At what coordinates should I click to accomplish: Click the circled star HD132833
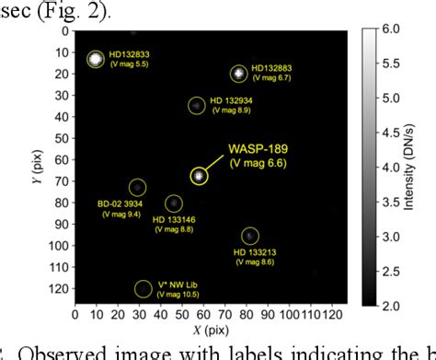pyautogui.click(x=96, y=59)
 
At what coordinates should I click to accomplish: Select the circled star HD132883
pyautogui.click(x=239, y=72)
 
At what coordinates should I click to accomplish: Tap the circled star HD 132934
pyautogui.click(x=196, y=106)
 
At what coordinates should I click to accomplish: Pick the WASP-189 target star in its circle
pyautogui.click(x=200, y=175)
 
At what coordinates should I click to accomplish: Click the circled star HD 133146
pyautogui.click(x=173, y=203)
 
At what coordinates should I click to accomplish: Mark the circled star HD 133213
pyautogui.click(x=249, y=236)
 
